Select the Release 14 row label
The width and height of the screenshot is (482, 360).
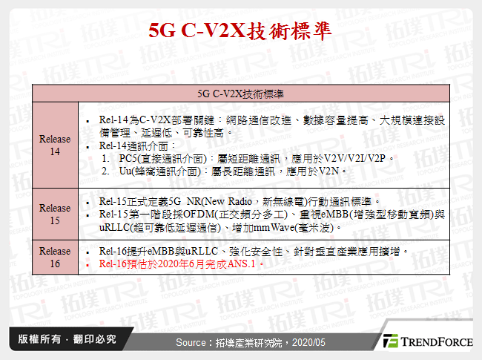(55, 145)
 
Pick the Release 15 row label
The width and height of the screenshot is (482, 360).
(55, 214)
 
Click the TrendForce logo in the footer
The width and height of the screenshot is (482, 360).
(427, 341)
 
